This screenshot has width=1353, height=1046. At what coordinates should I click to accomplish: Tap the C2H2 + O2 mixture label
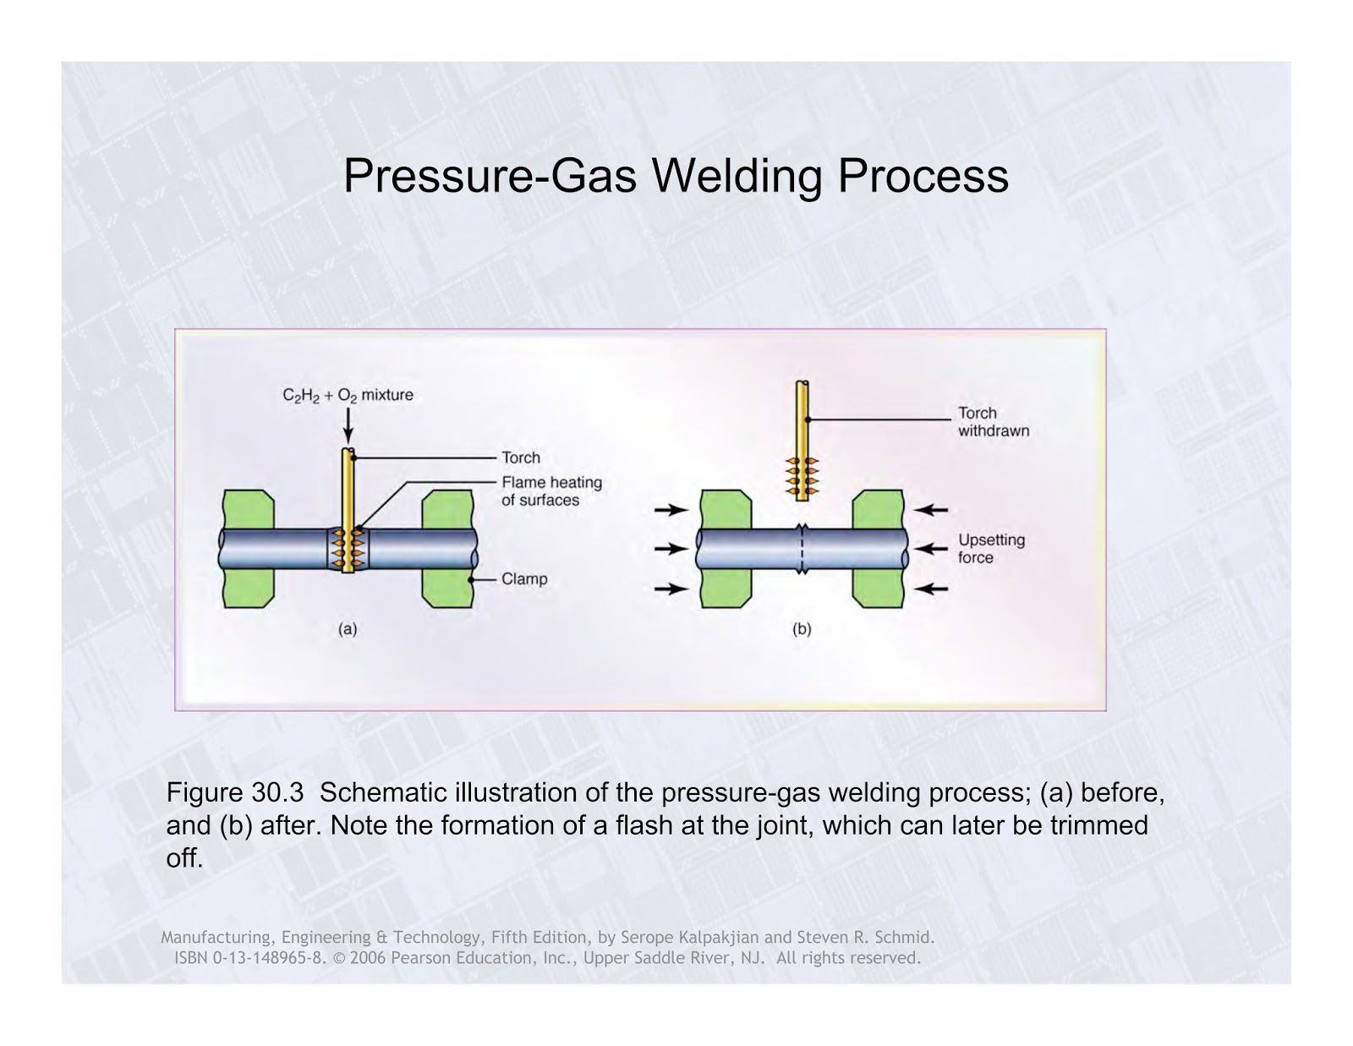(x=348, y=395)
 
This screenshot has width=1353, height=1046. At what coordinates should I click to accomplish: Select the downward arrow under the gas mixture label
(x=348, y=426)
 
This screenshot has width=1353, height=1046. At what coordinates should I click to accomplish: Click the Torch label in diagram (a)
(x=520, y=457)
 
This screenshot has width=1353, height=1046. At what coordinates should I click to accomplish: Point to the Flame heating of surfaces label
(x=551, y=491)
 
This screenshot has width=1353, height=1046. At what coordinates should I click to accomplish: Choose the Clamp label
(x=524, y=579)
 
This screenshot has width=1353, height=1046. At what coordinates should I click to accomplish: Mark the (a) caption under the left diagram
(x=348, y=629)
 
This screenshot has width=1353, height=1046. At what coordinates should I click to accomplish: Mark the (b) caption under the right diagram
(x=802, y=629)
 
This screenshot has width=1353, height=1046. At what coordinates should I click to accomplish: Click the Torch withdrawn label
(x=993, y=422)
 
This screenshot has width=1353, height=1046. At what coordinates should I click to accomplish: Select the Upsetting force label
(x=990, y=549)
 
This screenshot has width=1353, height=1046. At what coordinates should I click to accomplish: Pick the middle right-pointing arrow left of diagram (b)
(x=671, y=549)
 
